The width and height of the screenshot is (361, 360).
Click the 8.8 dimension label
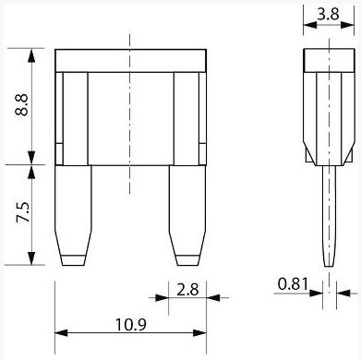21,105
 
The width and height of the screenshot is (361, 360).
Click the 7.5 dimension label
23,212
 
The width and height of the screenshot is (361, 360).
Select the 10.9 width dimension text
131,325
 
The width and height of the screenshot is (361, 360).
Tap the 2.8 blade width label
187,290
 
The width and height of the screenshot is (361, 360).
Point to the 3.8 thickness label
328,14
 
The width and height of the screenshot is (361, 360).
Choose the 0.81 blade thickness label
293,283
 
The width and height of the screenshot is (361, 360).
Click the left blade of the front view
73,215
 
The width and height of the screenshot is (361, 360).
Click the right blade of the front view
187,215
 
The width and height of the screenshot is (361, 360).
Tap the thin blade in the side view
330,216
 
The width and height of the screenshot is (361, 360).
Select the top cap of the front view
130,61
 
